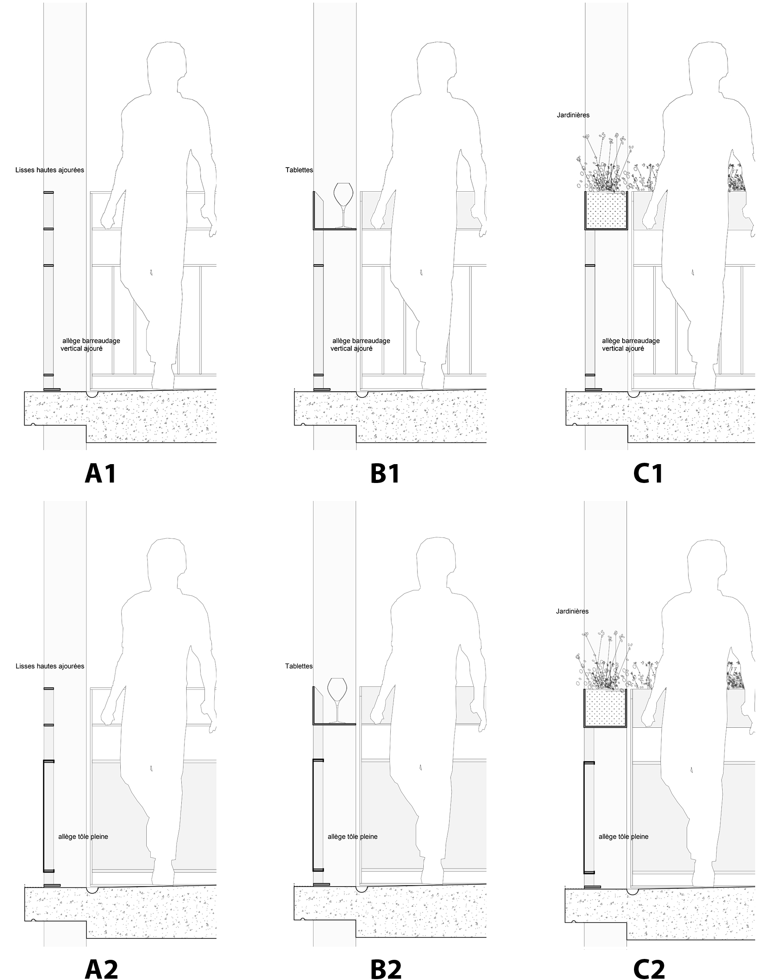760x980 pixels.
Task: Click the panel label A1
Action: (x=101, y=473)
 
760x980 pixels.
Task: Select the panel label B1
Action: (x=385, y=473)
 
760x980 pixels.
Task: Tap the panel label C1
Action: (x=648, y=473)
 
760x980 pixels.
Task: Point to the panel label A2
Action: (x=101, y=969)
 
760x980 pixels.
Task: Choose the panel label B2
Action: (x=385, y=969)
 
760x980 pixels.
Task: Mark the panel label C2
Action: (x=648, y=969)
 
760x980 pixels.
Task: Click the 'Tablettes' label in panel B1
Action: (x=299, y=170)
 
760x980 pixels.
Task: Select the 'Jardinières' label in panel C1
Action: (x=573, y=115)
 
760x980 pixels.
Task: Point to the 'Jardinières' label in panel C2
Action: (x=572, y=611)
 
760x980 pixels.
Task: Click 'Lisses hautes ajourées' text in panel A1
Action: (x=50, y=170)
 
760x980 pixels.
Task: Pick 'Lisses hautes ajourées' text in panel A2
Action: (x=50, y=666)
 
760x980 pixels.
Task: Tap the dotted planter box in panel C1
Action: (x=606, y=211)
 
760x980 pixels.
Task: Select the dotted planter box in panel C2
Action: (x=605, y=708)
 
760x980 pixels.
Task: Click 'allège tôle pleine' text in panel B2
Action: (x=353, y=837)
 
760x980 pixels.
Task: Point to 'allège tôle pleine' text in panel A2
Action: (x=83, y=837)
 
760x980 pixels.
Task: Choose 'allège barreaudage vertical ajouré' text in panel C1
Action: (x=630, y=344)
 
